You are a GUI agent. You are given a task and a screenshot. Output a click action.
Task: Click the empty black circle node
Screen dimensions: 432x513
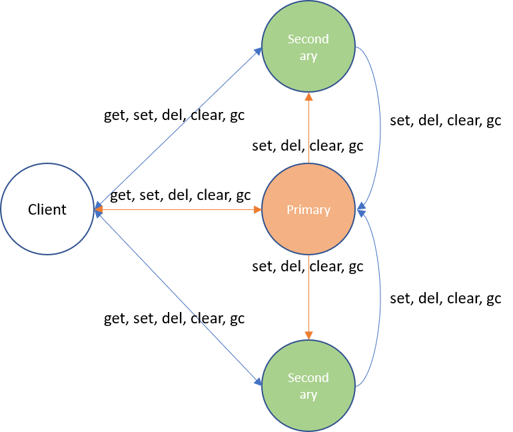click(x=47, y=209)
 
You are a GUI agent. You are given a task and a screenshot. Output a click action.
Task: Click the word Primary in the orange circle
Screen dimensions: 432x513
click(x=308, y=209)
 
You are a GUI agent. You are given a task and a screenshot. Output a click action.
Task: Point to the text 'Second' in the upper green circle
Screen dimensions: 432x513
click(x=308, y=39)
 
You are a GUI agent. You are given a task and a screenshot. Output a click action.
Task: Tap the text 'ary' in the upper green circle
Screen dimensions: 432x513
click(x=308, y=56)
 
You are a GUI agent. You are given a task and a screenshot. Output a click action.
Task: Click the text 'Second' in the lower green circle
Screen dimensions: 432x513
click(x=308, y=378)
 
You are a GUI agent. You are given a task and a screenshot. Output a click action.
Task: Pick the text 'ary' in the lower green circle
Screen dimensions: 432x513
click(x=308, y=395)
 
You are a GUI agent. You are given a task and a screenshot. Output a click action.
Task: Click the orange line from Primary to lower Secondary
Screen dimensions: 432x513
click(x=308, y=293)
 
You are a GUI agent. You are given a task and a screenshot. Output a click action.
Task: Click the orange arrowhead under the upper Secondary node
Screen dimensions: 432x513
click(x=308, y=97)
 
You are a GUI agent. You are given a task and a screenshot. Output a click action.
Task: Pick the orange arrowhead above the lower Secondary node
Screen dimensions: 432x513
click(x=308, y=335)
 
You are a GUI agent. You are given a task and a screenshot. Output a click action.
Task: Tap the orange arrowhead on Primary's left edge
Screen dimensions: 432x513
click(x=257, y=209)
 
